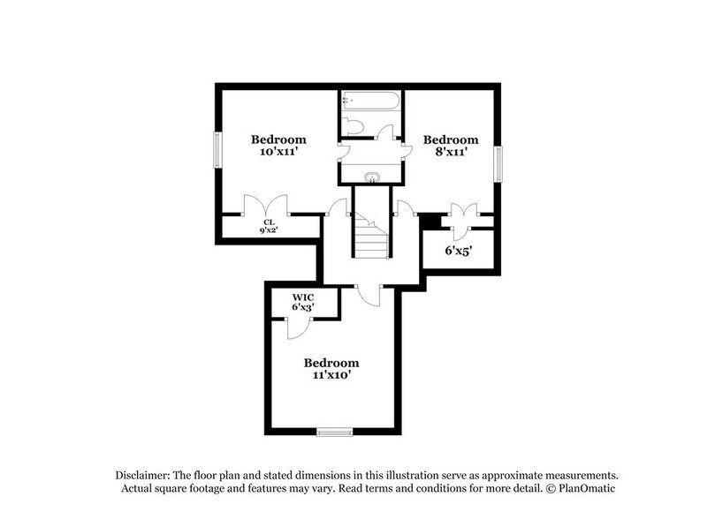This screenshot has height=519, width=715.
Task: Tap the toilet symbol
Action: click(x=354, y=127)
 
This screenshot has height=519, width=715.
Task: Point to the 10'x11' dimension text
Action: click(x=278, y=152)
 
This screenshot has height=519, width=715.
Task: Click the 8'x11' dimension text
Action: click(x=451, y=152)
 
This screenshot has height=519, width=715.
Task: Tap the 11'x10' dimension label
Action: click(x=331, y=375)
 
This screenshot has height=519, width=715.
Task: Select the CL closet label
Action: click(x=270, y=222)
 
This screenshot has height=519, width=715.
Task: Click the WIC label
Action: click(x=303, y=297)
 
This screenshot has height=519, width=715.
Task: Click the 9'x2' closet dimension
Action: click(x=270, y=230)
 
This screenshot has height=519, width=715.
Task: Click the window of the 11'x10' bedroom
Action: click(x=335, y=432)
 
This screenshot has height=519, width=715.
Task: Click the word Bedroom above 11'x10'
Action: click(x=331, y=363)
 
